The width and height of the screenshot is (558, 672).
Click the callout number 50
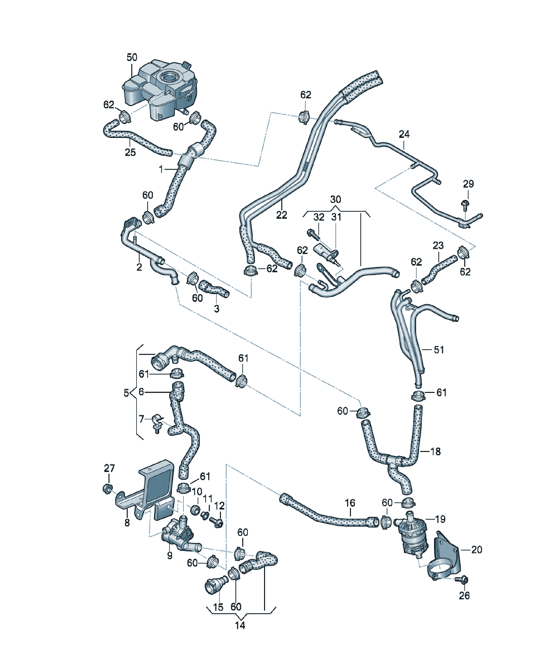coord(132,57)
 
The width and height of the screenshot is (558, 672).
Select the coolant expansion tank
coord(160,89)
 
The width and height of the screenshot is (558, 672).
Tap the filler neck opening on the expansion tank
coord(168,77)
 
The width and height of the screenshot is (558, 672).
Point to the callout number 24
coord(404,134)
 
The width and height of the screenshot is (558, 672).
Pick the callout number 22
coord(282,215)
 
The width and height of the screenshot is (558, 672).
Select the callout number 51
coord(439,350)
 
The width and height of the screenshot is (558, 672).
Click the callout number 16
coord(350,503)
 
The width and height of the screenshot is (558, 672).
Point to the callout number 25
coord(130,152)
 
